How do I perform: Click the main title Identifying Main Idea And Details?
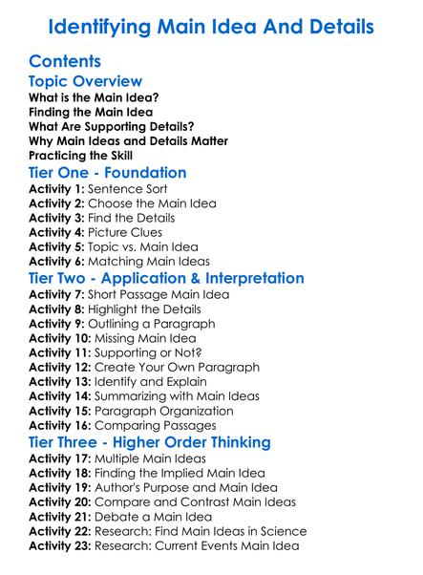click(211, 25)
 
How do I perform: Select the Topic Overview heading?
click(86, 82)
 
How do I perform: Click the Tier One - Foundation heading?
click(108, 174)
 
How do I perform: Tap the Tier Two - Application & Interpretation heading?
click(167, 279)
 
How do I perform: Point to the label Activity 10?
click(64, 338)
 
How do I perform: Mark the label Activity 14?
click(64, 396)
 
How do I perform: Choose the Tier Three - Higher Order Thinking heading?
click(150, 442)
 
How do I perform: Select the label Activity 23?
click(64, 546)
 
